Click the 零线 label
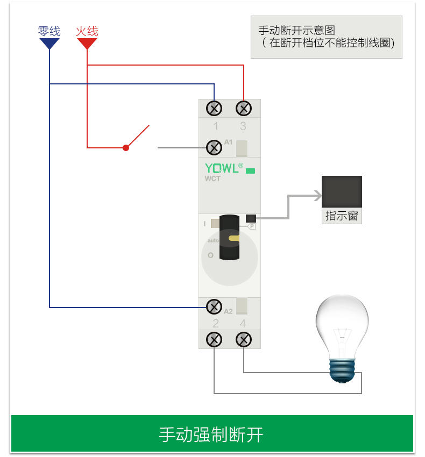[49, 31]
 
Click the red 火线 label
[87, 31]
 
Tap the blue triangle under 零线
[49, 44]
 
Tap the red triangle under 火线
[87, 44]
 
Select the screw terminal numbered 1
[215, 109]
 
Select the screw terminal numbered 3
[244, 109]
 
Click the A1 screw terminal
[215, 147]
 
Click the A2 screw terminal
[214, 307]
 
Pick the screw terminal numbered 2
[214, 340]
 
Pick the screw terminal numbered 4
[244, 340]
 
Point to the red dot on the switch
[126, 147]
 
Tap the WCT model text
[212, 179]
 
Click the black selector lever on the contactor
[229, 237]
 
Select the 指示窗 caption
[342, 216]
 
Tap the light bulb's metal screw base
[343, 370]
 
